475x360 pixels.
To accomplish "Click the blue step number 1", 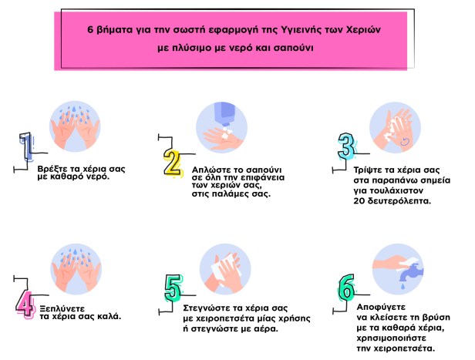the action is pos(27,146).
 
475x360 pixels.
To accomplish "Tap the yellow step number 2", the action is pos(172,162).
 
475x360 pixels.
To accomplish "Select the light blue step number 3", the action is pos(346,146).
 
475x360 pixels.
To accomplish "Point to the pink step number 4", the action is pos(25,304).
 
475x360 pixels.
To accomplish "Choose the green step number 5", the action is pos(173,288).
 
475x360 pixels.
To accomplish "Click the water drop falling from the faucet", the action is pos(403,285).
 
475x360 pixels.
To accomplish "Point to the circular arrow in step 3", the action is pos(405,141).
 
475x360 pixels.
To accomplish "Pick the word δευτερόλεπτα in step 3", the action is pos(399,201).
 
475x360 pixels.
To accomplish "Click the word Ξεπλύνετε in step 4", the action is pos(62,309).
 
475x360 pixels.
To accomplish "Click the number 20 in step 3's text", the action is pos(359,201).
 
